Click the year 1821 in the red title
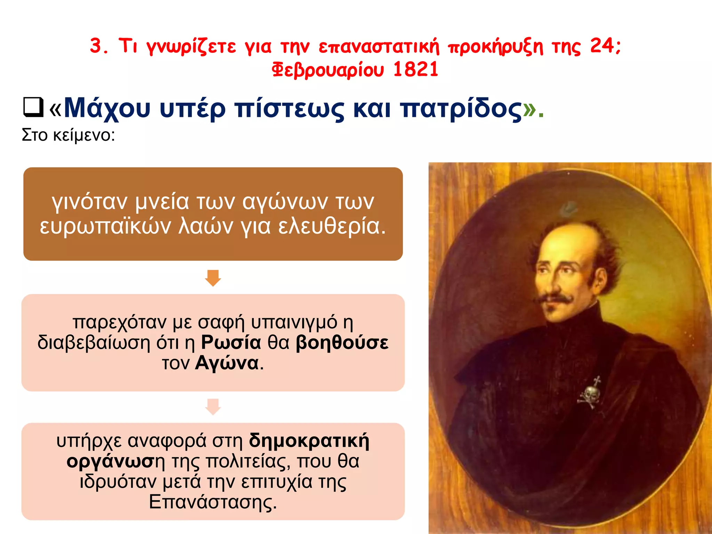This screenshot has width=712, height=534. [x=416, y=69]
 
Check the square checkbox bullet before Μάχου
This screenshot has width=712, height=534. [x=33, y=107]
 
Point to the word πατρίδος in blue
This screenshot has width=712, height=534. [x=461, y=108]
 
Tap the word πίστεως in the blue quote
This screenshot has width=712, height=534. [x=289, y=108]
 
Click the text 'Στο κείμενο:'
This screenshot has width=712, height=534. [x=68, y=135]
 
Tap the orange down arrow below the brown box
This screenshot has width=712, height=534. [x=213, y=277]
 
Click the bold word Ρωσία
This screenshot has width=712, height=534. [x=231, y=342]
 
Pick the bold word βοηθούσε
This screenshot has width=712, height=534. [x=342, y=342]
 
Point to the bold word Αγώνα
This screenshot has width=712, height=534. [x=227, y=363]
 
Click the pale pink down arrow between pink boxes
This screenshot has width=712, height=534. [x=213, y=406]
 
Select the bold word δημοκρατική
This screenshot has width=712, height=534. [x=309, y=440]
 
